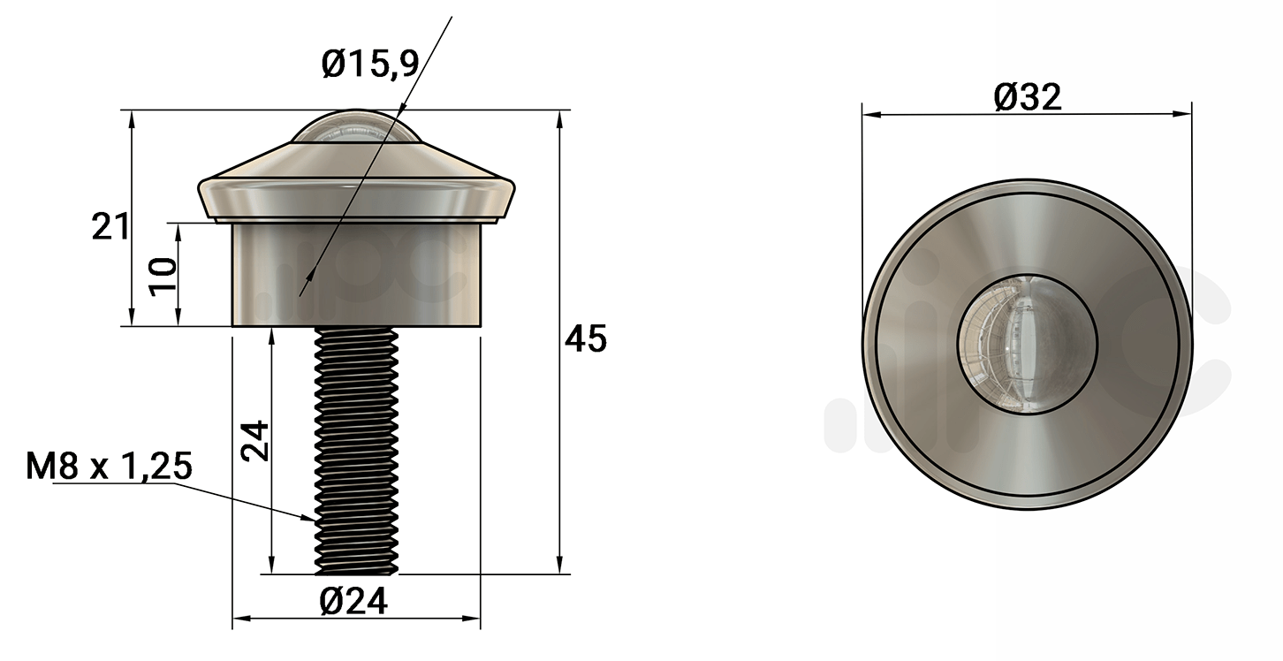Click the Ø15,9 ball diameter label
(x=370, y=64)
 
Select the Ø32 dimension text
(x=1028, y=97)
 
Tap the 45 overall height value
(x=585, y=338)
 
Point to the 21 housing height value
(x=110, y=226)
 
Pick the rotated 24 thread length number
(x=254, y=441)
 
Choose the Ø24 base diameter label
(x=354, y=601)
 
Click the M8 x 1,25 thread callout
(x=109, y=466)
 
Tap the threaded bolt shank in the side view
(x=356, y=451)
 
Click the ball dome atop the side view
(x=356, y=126)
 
